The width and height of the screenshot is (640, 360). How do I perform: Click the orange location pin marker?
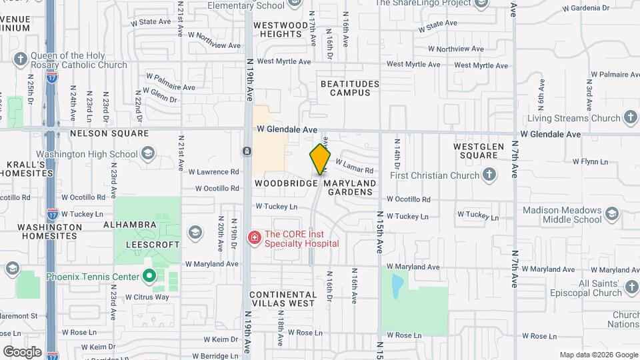[x=320, y=158]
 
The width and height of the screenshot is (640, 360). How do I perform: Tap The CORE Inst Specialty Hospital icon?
[x=254, y=238]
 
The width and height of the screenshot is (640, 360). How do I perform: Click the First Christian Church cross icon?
[x=490, y=175]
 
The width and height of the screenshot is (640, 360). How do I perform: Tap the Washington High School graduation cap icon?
[x=147, y=155]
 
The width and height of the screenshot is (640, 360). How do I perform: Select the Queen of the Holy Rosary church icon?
[x=21, y=60]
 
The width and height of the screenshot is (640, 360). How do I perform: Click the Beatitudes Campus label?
[x=349, y=88]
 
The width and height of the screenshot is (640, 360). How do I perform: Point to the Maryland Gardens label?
[x=350, y=187]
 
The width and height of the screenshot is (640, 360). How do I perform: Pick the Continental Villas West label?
[x=282, y=298]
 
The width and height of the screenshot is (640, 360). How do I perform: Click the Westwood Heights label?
[x=281, y=29]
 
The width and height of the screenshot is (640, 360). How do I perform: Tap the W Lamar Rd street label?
[x=354, y=166]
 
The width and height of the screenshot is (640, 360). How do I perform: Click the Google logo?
[x=22, y=351]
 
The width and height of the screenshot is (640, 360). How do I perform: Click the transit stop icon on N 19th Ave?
[x=247, y=151]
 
